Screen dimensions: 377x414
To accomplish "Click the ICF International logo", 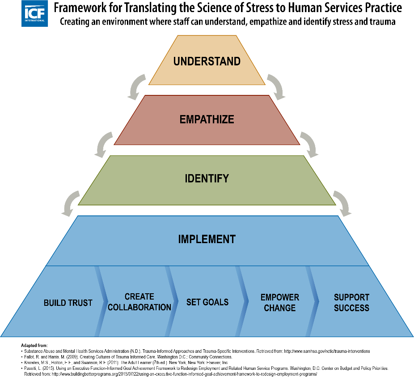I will tap(34, 13).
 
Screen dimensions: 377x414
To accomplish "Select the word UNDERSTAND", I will tap(207, 61).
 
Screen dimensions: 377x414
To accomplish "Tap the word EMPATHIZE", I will tap(207, 120).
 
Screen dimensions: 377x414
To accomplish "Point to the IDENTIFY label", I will tap(207, 179).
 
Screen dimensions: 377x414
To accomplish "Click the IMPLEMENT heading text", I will tap(207, 239).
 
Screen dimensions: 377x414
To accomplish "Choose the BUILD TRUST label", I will tap(68, 303).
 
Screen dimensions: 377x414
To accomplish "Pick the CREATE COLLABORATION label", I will tap(139, 302).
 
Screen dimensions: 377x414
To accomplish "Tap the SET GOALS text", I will tap(207, 302).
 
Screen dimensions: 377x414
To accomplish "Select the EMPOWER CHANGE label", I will tap(280, 303).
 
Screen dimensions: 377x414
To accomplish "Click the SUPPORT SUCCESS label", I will tap(351, 303).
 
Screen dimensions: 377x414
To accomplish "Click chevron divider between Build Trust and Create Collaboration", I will tap(101, 301).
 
